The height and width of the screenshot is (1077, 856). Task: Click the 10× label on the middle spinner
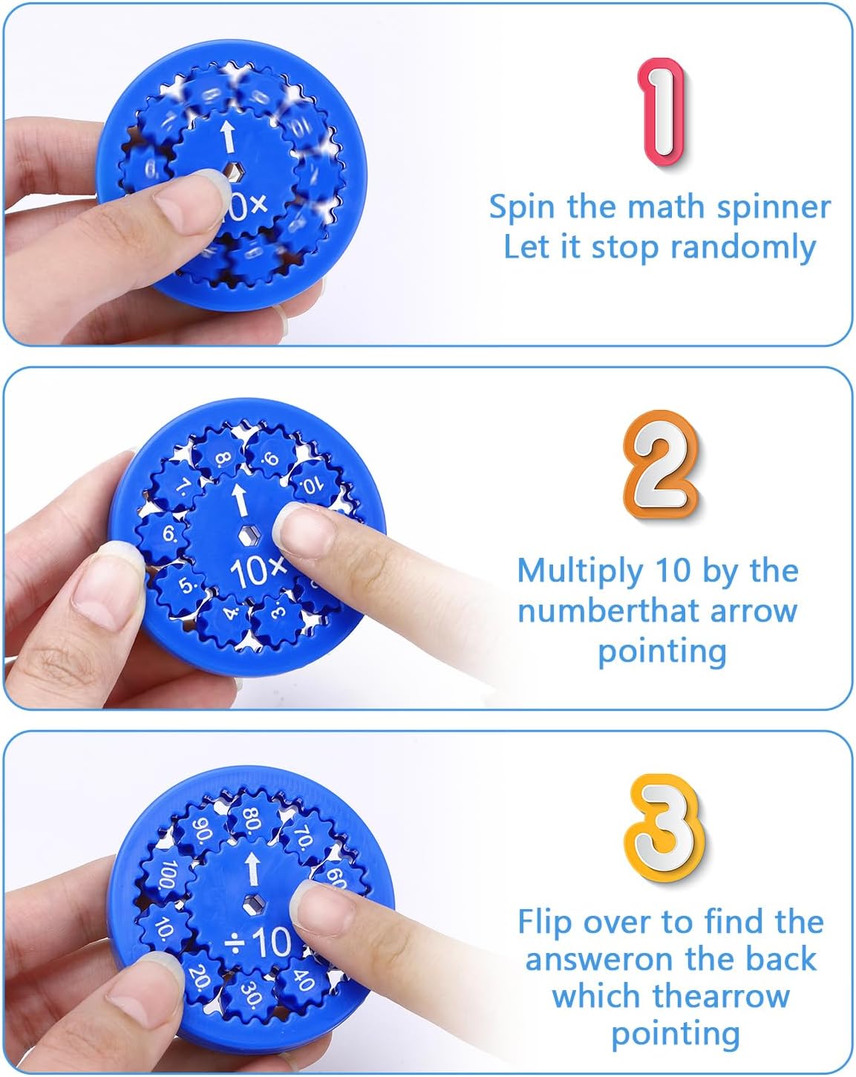click(257, 570)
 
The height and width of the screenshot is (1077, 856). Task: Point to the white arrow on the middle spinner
click(239, 499)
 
